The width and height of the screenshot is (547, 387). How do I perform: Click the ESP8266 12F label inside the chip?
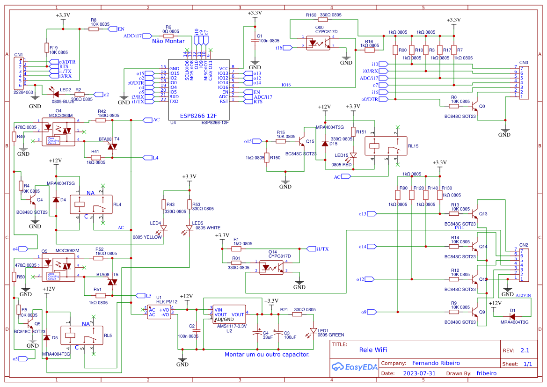pos(198,115)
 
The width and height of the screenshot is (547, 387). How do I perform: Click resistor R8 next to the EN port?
pos(94,29)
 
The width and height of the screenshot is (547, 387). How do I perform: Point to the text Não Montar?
pos(168,41)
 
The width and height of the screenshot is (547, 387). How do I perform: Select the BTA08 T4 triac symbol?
pos(112,146)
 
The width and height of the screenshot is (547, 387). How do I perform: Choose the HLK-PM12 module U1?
pos(159,312)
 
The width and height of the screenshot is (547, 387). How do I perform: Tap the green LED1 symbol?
pos(314,330)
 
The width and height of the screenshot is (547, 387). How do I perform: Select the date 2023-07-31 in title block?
pos(419,373)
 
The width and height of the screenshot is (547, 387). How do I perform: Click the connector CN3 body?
pos(524,82)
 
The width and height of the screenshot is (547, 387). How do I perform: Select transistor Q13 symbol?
pos(475,213)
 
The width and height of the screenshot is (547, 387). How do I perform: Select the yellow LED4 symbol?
pos(164,228)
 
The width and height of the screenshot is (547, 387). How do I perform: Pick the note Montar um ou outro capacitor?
pos(267,355)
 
